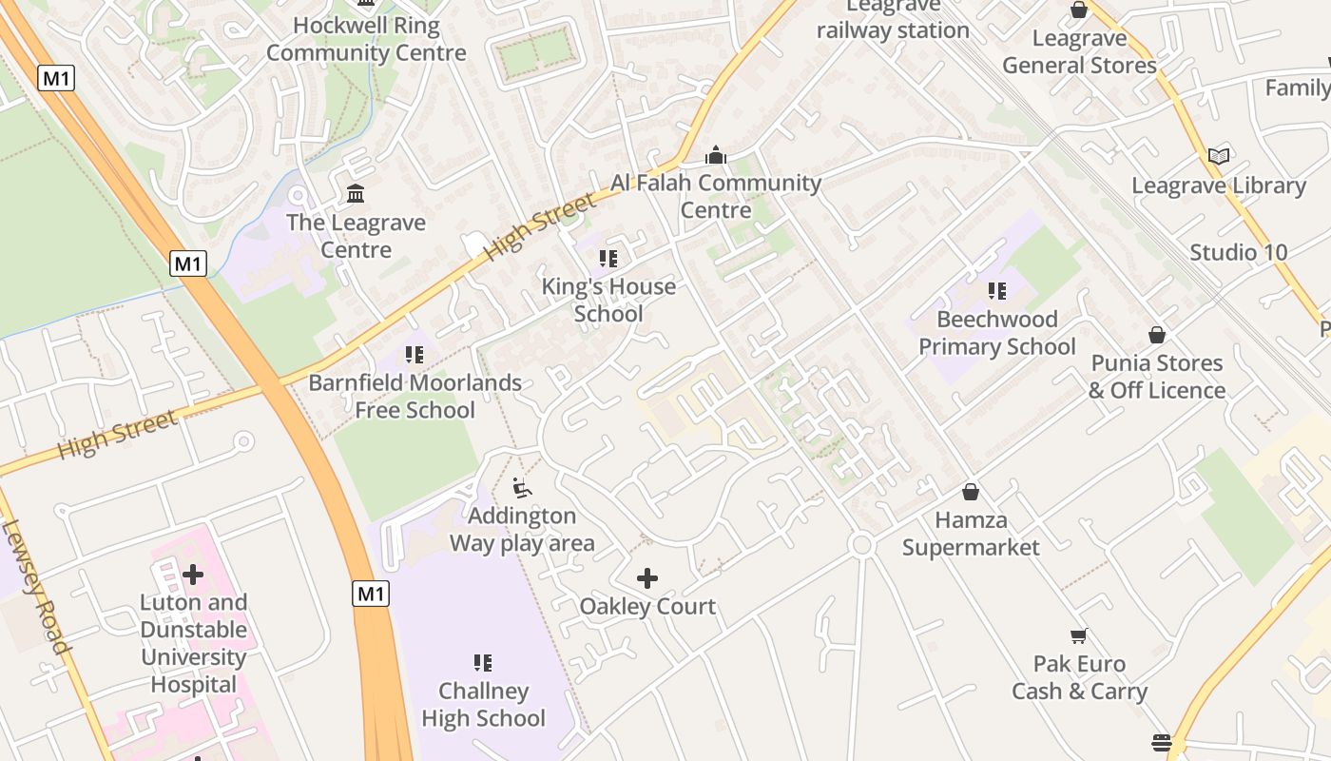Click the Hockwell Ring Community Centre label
point(366,39)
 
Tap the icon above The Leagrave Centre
point(356,194)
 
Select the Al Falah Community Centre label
point(716,196)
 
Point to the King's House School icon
point(608,259)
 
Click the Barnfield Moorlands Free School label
point(415,396)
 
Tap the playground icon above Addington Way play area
point(522,488)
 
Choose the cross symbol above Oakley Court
point(647,578)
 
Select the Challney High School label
point(484,704)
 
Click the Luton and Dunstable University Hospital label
point(194,643)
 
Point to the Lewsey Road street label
point(36,586)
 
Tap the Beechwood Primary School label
point(997,333)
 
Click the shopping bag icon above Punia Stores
point(1157,335)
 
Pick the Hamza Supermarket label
point(971,534)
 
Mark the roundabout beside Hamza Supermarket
point(861,545)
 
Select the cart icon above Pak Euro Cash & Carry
point(1079,635)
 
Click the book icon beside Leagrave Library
point(1219,156)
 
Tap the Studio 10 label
point(1239,252)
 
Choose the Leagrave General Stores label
point(1079,51)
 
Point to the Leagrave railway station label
point(893,21)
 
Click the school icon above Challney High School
point(483,662)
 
